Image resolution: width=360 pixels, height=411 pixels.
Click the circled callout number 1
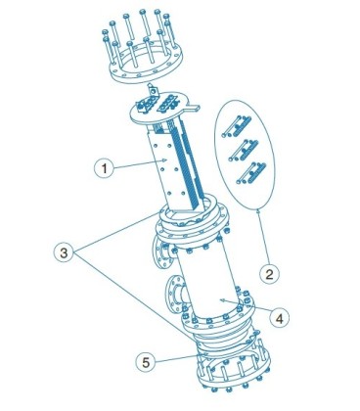coord(104,168)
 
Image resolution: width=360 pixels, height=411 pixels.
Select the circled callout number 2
coord(269,274)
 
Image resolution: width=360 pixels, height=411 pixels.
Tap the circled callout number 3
coord(64,252)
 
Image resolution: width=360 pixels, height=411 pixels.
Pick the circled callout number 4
coord(280,317)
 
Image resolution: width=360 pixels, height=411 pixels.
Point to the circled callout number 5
coord(146,362)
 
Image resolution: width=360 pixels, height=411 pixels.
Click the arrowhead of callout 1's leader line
coord(165,160)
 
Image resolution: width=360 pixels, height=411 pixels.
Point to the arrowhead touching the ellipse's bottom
coord(259,210)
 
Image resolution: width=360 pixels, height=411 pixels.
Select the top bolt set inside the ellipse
coord(237,126)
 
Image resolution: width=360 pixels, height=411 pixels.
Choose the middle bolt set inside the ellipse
coord(244,150)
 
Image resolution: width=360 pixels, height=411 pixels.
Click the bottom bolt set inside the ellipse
coord(251,173)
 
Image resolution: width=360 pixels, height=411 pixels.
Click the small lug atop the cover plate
coord(153,89)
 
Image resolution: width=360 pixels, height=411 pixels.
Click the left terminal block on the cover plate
coord(147,104)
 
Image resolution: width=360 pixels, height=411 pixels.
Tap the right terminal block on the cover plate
coord(168,104)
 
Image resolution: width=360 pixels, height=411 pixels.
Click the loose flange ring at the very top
coord(146,65)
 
